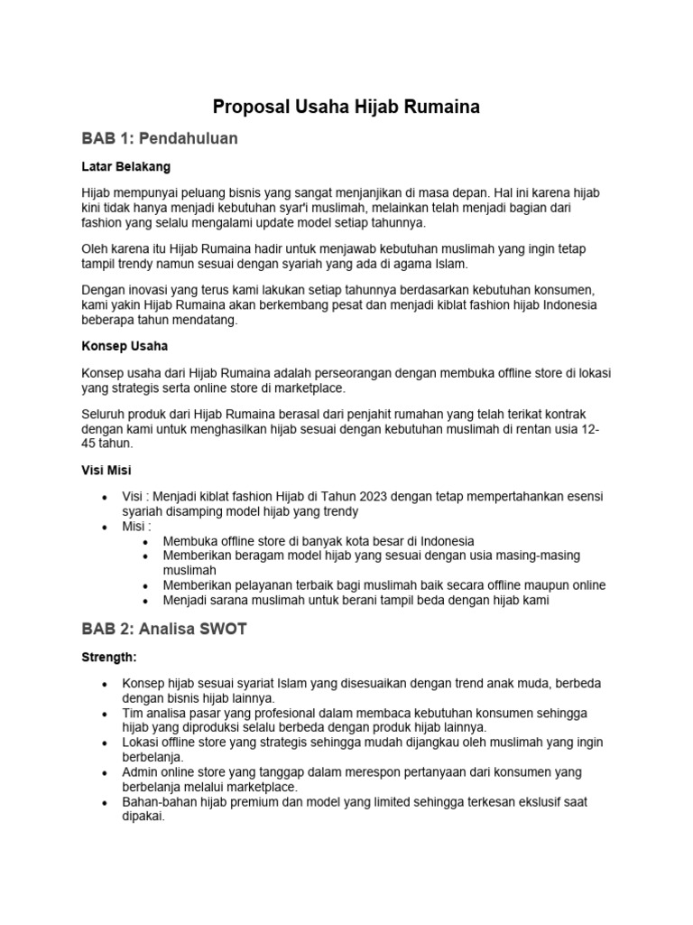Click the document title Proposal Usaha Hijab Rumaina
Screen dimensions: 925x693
346,107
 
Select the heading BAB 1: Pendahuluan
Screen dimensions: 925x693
160,138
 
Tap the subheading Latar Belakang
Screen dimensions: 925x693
126,167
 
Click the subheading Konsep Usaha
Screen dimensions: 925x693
125,346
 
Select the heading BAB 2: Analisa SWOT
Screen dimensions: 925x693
163,630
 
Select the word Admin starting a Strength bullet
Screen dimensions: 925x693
140,772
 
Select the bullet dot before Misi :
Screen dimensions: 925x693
106,526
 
